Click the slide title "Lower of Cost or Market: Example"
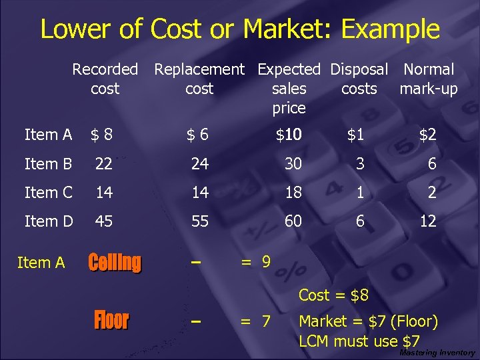click(x=240, y=29)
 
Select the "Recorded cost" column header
click(x=105, y=79)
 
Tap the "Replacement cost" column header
click(x=199, y=79)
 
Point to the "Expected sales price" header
click(x=289, y=88)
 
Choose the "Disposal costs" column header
click(x=359, y=79)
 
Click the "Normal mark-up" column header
click(x=429, y=79)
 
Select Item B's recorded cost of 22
click(x=103, y=163)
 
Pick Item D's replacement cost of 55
click(x=200, y=221)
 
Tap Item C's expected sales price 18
click(x=293, y=192)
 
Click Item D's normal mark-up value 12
click(x=427, y=221)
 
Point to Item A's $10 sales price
click(x=289, y=135)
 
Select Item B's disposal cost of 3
click(x=360, y=163)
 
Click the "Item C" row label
click(x=48, y=192)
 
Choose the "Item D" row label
click(x=48, y=221)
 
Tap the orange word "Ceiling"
click(x=115, y=263)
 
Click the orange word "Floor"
click(x=111, y=321)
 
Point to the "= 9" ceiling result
click(x=256, y=262)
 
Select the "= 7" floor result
click(x=256, y=322)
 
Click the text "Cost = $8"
click(x=333, y=295)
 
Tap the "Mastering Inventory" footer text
click(x=437, y=353)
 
